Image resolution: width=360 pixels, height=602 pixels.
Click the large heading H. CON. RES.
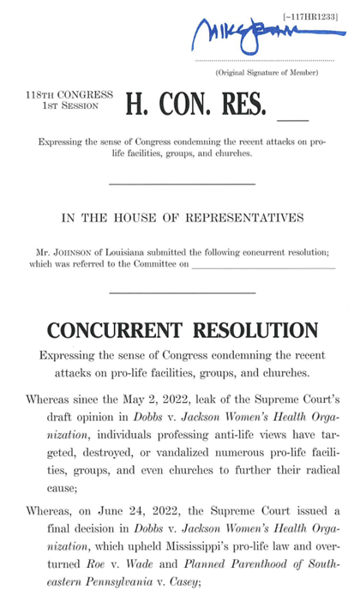(x=197, y=103)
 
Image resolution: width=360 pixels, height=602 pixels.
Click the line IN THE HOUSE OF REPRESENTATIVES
(x=183, y=218)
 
